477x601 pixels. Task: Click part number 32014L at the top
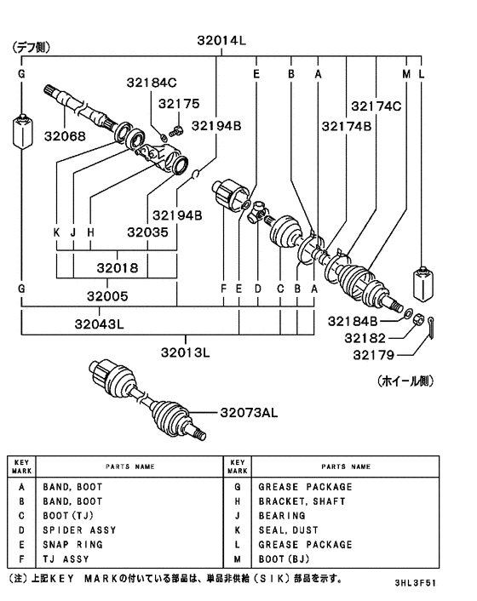pyautogui.click(x=221, y=40)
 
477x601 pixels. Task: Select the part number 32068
pyautogui.click(x=65, y=136)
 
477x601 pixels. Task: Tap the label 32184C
pyautogui.click(x=152, y=83)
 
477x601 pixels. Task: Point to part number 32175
pyautogui.click(x=179, y=104)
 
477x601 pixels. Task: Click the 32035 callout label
pyautogui.click(x=147, y=232)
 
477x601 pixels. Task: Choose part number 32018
pyautogui.click(x=117, y=267)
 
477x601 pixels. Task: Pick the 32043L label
pyautogui.click(x=100, y=324)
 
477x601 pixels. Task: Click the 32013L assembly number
pyautogui.click(x=185, y=352)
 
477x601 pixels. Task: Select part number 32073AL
pyautogui.click(x=249, y=412)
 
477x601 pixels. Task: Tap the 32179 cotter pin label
pyautogui.click(x=373, y=355)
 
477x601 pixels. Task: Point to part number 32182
pyautogui.click(x=365, y=338)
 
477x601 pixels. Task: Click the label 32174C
pyautogui.click(x=376, y=106)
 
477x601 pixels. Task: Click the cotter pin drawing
pyautogui.click(x=431, y=328)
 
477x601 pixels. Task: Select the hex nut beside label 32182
pyautogui.click(x=419, y=319)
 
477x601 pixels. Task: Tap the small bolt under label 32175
pyautogui.click(x=175, y=131)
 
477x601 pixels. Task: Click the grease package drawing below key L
pyautogui.click(x=423, y=283)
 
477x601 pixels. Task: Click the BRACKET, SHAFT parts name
pyautogui.click(x=302, y=501)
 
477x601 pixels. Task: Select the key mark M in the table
pyautogui.click(x=238, y=559)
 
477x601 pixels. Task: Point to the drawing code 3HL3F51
pyautogui.click(x=416, y=583)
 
